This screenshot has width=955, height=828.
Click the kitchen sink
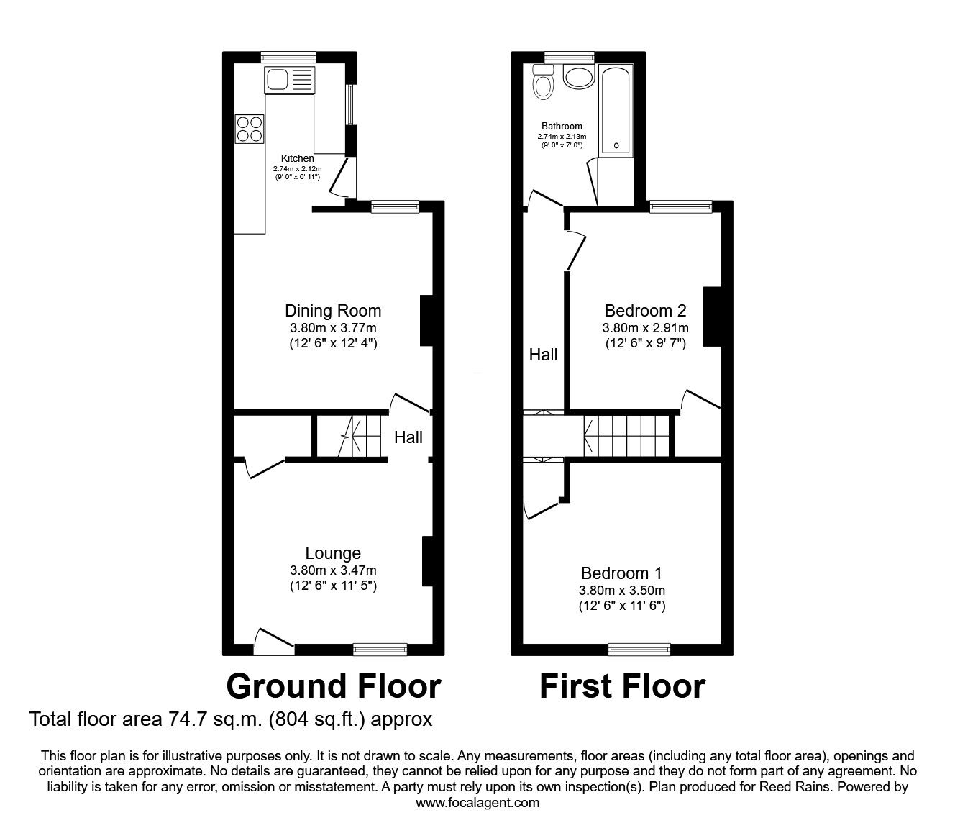[x=288, y=79]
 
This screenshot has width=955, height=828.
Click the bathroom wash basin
[x=578, y=77]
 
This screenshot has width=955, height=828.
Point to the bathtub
[x=616, y=110]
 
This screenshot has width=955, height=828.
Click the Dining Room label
[x=333, y=311]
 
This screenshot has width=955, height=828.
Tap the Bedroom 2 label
[x=645, y=311]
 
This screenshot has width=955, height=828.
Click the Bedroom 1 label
[x=621, y=573]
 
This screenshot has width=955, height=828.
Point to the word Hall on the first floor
[x=543, y=355]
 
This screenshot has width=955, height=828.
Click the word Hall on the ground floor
[x=408, y=437]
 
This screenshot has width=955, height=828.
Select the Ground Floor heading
[x=333, y=686]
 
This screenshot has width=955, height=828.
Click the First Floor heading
[x=622, y=686]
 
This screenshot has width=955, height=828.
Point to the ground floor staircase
[x=360, y=436]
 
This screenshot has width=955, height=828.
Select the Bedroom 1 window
[x=639, y=650]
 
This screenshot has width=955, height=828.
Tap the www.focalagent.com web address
[x=477, y=803]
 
